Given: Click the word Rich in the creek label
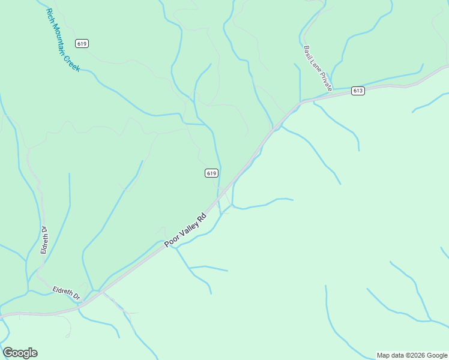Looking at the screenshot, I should click(50, 17).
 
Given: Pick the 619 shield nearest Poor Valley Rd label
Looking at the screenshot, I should click(211, 173).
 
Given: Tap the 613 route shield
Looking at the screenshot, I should click(358, 91).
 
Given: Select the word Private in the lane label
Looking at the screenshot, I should click(326, 83).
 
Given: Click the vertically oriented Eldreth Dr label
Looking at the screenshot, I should click(44, 239).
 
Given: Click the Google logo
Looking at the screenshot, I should click(20, 353).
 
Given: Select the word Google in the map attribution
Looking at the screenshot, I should click(438, 355).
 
